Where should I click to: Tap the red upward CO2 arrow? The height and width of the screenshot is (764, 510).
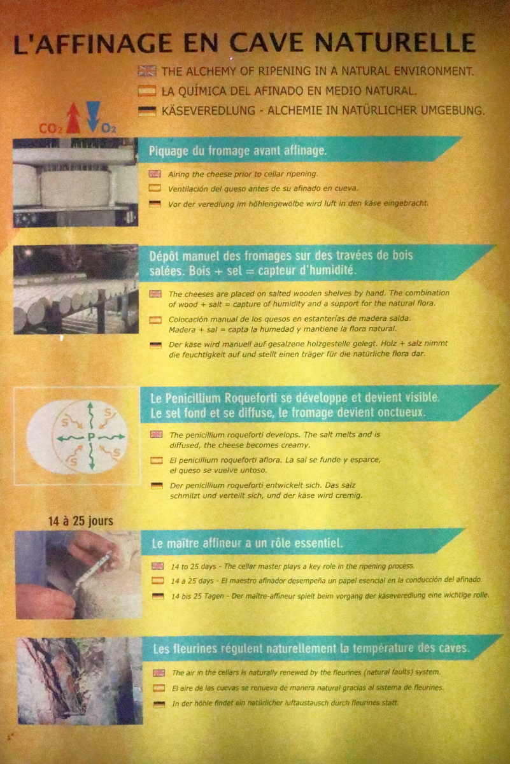(x=73, y=118)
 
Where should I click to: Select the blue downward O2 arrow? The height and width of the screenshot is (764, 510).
(x=93, y=117)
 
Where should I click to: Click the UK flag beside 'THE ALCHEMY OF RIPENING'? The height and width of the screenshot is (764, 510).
(x=147, y=71)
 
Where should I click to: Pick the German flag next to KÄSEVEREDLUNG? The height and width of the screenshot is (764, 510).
(x=147, y=111)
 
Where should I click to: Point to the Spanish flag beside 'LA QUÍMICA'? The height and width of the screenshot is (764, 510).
(x=147, y=91)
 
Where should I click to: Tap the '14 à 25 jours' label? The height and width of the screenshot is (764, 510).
(x=80, y=521)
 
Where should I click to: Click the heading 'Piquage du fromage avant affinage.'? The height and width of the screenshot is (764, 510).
(x=237, y=151)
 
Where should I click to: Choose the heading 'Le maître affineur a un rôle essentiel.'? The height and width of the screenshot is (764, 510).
(x=247, y=543)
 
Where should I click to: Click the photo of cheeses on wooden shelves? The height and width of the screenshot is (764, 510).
(x=76, y=289)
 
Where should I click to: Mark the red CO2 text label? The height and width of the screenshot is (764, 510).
(x=51, y=129)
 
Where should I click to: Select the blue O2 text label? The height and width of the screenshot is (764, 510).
(x=109, y=129)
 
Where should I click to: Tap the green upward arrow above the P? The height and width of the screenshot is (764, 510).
(x=90, y=417)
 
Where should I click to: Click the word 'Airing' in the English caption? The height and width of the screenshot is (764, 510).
(x=179, y=174)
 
